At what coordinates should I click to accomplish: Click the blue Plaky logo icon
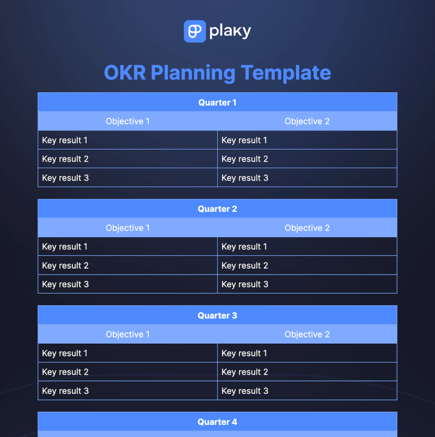click(195, 31)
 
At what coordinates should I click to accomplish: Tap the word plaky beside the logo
click(230, 32)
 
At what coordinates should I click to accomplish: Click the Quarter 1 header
click(217, 102)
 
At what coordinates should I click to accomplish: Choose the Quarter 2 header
click(217, 209)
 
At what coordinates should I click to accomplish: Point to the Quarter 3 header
click(217, 316)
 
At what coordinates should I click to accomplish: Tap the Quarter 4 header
click(217, 422)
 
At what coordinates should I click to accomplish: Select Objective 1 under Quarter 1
click(128, 121)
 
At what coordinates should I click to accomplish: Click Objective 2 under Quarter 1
click(307, 121)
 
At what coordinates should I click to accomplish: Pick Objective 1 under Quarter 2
click(128, 228)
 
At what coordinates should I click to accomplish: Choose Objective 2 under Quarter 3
click(307, 334)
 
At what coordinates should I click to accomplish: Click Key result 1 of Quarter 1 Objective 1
click(65, 140)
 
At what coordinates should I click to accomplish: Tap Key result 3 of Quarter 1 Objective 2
click(245, 178)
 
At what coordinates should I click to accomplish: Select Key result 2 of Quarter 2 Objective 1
click(65, 265)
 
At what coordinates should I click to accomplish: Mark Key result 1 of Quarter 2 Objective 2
click(244, 247)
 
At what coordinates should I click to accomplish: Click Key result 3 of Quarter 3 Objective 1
click(65, 390)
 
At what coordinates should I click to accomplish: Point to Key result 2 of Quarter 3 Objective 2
click(245, 372)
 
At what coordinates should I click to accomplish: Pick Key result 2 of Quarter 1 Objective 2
click(245, 159)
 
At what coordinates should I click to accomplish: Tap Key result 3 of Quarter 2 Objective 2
click(245, 284)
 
